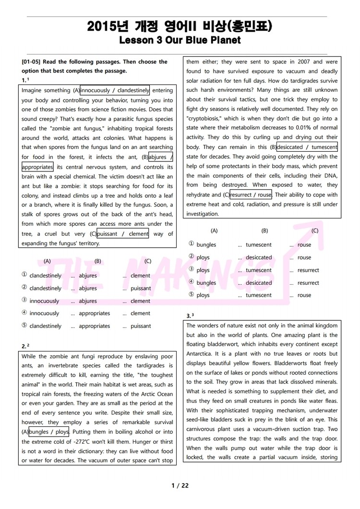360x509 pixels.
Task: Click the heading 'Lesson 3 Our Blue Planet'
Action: click(180, 40)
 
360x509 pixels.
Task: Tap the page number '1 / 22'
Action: click(180, 485)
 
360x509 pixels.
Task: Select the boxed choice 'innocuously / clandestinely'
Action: click(115, 90)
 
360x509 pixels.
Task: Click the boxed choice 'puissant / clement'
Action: click(123, 234)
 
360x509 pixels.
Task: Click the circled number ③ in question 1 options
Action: click(24, 301)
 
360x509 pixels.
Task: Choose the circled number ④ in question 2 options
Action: click(192, 283)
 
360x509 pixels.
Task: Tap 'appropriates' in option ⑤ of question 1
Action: click(94, 326)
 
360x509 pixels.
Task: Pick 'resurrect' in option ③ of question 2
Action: click(308, 270)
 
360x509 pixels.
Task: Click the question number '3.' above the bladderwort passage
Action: click(189, 316)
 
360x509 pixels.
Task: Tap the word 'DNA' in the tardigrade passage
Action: click(332, 176)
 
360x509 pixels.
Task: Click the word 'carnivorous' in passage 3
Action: click(203, 429)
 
